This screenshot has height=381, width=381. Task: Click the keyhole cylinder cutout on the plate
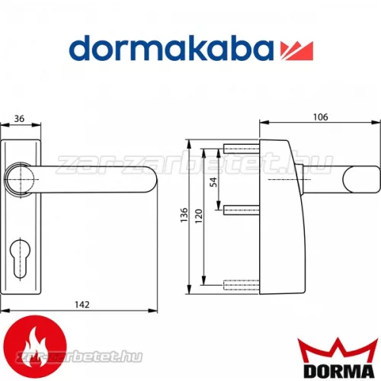(x=20, y=255)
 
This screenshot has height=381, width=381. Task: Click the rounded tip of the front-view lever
(x=149, y=182)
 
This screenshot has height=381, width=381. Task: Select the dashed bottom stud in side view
(x=240, y=285)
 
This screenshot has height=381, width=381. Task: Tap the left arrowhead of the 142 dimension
(x=4, y=310)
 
